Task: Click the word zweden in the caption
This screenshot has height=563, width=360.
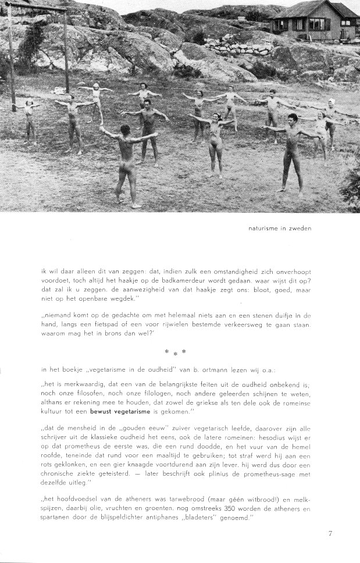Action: coord(299,228)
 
